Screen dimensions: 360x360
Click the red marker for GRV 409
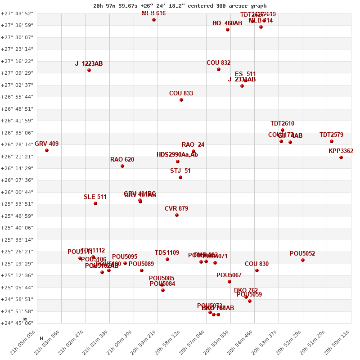pos(47,150)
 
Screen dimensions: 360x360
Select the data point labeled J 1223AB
pos(89,70)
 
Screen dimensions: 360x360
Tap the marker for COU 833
pos(181,100)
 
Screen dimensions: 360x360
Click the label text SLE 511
pos(95,197)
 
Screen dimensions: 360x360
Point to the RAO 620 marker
pos(122,166)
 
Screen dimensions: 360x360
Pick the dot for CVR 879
pos(177,215)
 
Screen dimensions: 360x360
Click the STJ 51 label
pos(180,171)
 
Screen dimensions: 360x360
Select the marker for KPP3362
pos(341,157)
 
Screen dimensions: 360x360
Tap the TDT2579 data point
pos(332,141)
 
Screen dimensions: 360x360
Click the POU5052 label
pos(302,254)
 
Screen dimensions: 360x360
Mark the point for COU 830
pos(257,270)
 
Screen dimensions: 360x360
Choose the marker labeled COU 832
pos(219,69)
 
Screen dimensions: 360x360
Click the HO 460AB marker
pos(228,30)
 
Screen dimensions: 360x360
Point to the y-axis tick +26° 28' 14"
pos(17,144)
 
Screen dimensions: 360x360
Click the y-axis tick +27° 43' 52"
pos(17,13)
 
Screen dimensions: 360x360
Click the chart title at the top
pos(180,6)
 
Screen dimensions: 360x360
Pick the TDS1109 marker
pos(167,259)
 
